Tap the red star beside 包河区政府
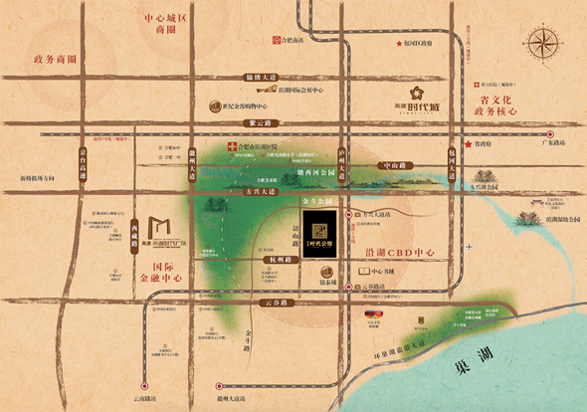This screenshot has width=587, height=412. pos(398,44)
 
